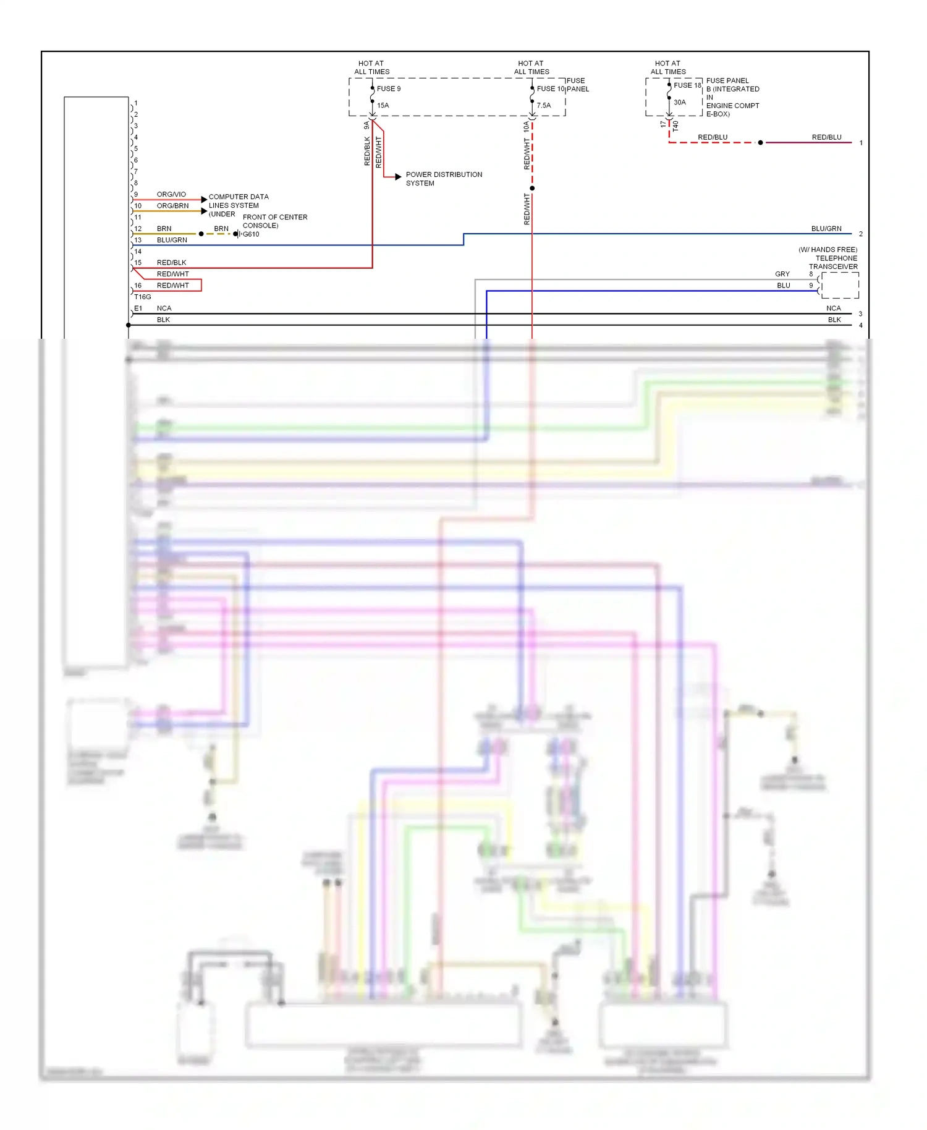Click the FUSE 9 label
tap(389, 88)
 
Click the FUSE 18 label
tap(687, 85)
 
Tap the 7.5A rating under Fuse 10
tap(543, 106)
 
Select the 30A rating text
tap(679, 103)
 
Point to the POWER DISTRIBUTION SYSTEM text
tap(443, 179)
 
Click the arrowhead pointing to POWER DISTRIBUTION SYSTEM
tap(399, 177)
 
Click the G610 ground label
tap(250, 234)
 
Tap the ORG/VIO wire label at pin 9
tap(171, 194)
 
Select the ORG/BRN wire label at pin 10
tap(172, 206)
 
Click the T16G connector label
tap(143, 297)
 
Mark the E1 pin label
tap(138, 308)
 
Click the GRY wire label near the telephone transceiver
tap(782, 274)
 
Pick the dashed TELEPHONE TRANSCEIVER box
tap(840, 286)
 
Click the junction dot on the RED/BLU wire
tap(760, 143)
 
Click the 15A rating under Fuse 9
tap(383, 106)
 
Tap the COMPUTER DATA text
tap(239, 197)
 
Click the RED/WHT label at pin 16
tap(172, 286)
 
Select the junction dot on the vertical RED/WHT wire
tap(532, 188)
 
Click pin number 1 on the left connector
tap(136, 103)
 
